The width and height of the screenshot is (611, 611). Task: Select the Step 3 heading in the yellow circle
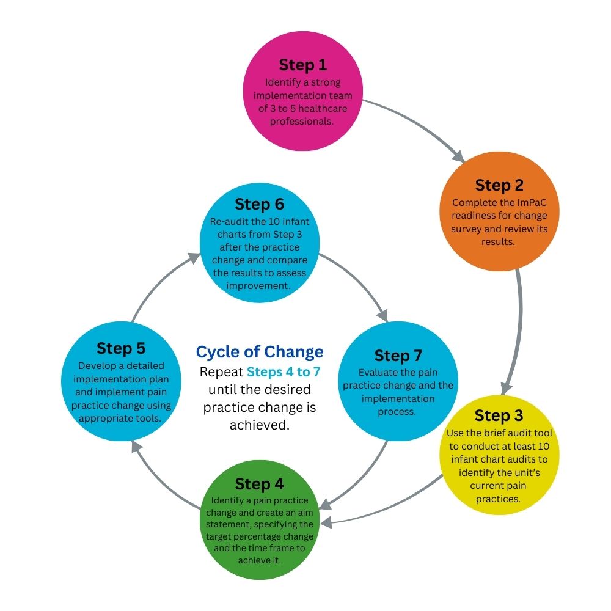(x=499, y=415)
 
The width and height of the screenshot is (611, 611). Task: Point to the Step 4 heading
(x=259, y=484)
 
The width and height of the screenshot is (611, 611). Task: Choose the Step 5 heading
(x=120, y=349)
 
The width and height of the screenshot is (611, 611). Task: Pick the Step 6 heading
(x=259, y=203)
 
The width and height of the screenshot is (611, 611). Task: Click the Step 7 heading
(x=398, y=355)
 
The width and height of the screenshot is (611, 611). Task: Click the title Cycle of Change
(x=259, y=352)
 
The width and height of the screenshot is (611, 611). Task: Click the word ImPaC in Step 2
(x=523, y=202)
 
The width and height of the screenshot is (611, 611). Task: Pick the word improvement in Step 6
(x=258, y=285)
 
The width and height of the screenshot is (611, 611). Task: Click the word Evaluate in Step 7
(x=376, y=372)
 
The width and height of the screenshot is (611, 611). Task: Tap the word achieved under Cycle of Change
(x=259, y=425)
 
